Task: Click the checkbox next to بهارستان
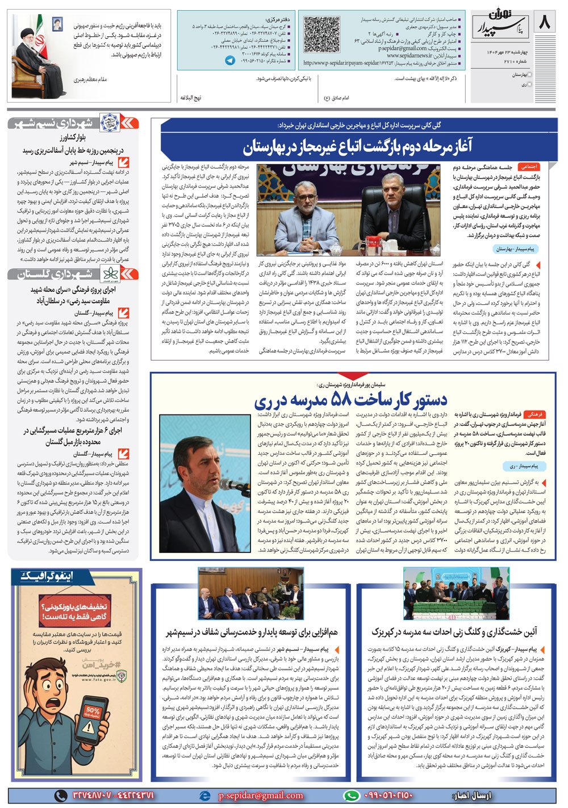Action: pyautogui.click(x=531, y=74)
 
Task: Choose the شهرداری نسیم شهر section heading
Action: pyautogui.click(x=55, y=123)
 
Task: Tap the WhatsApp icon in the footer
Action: pyautogui.click(x=352, y=796)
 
